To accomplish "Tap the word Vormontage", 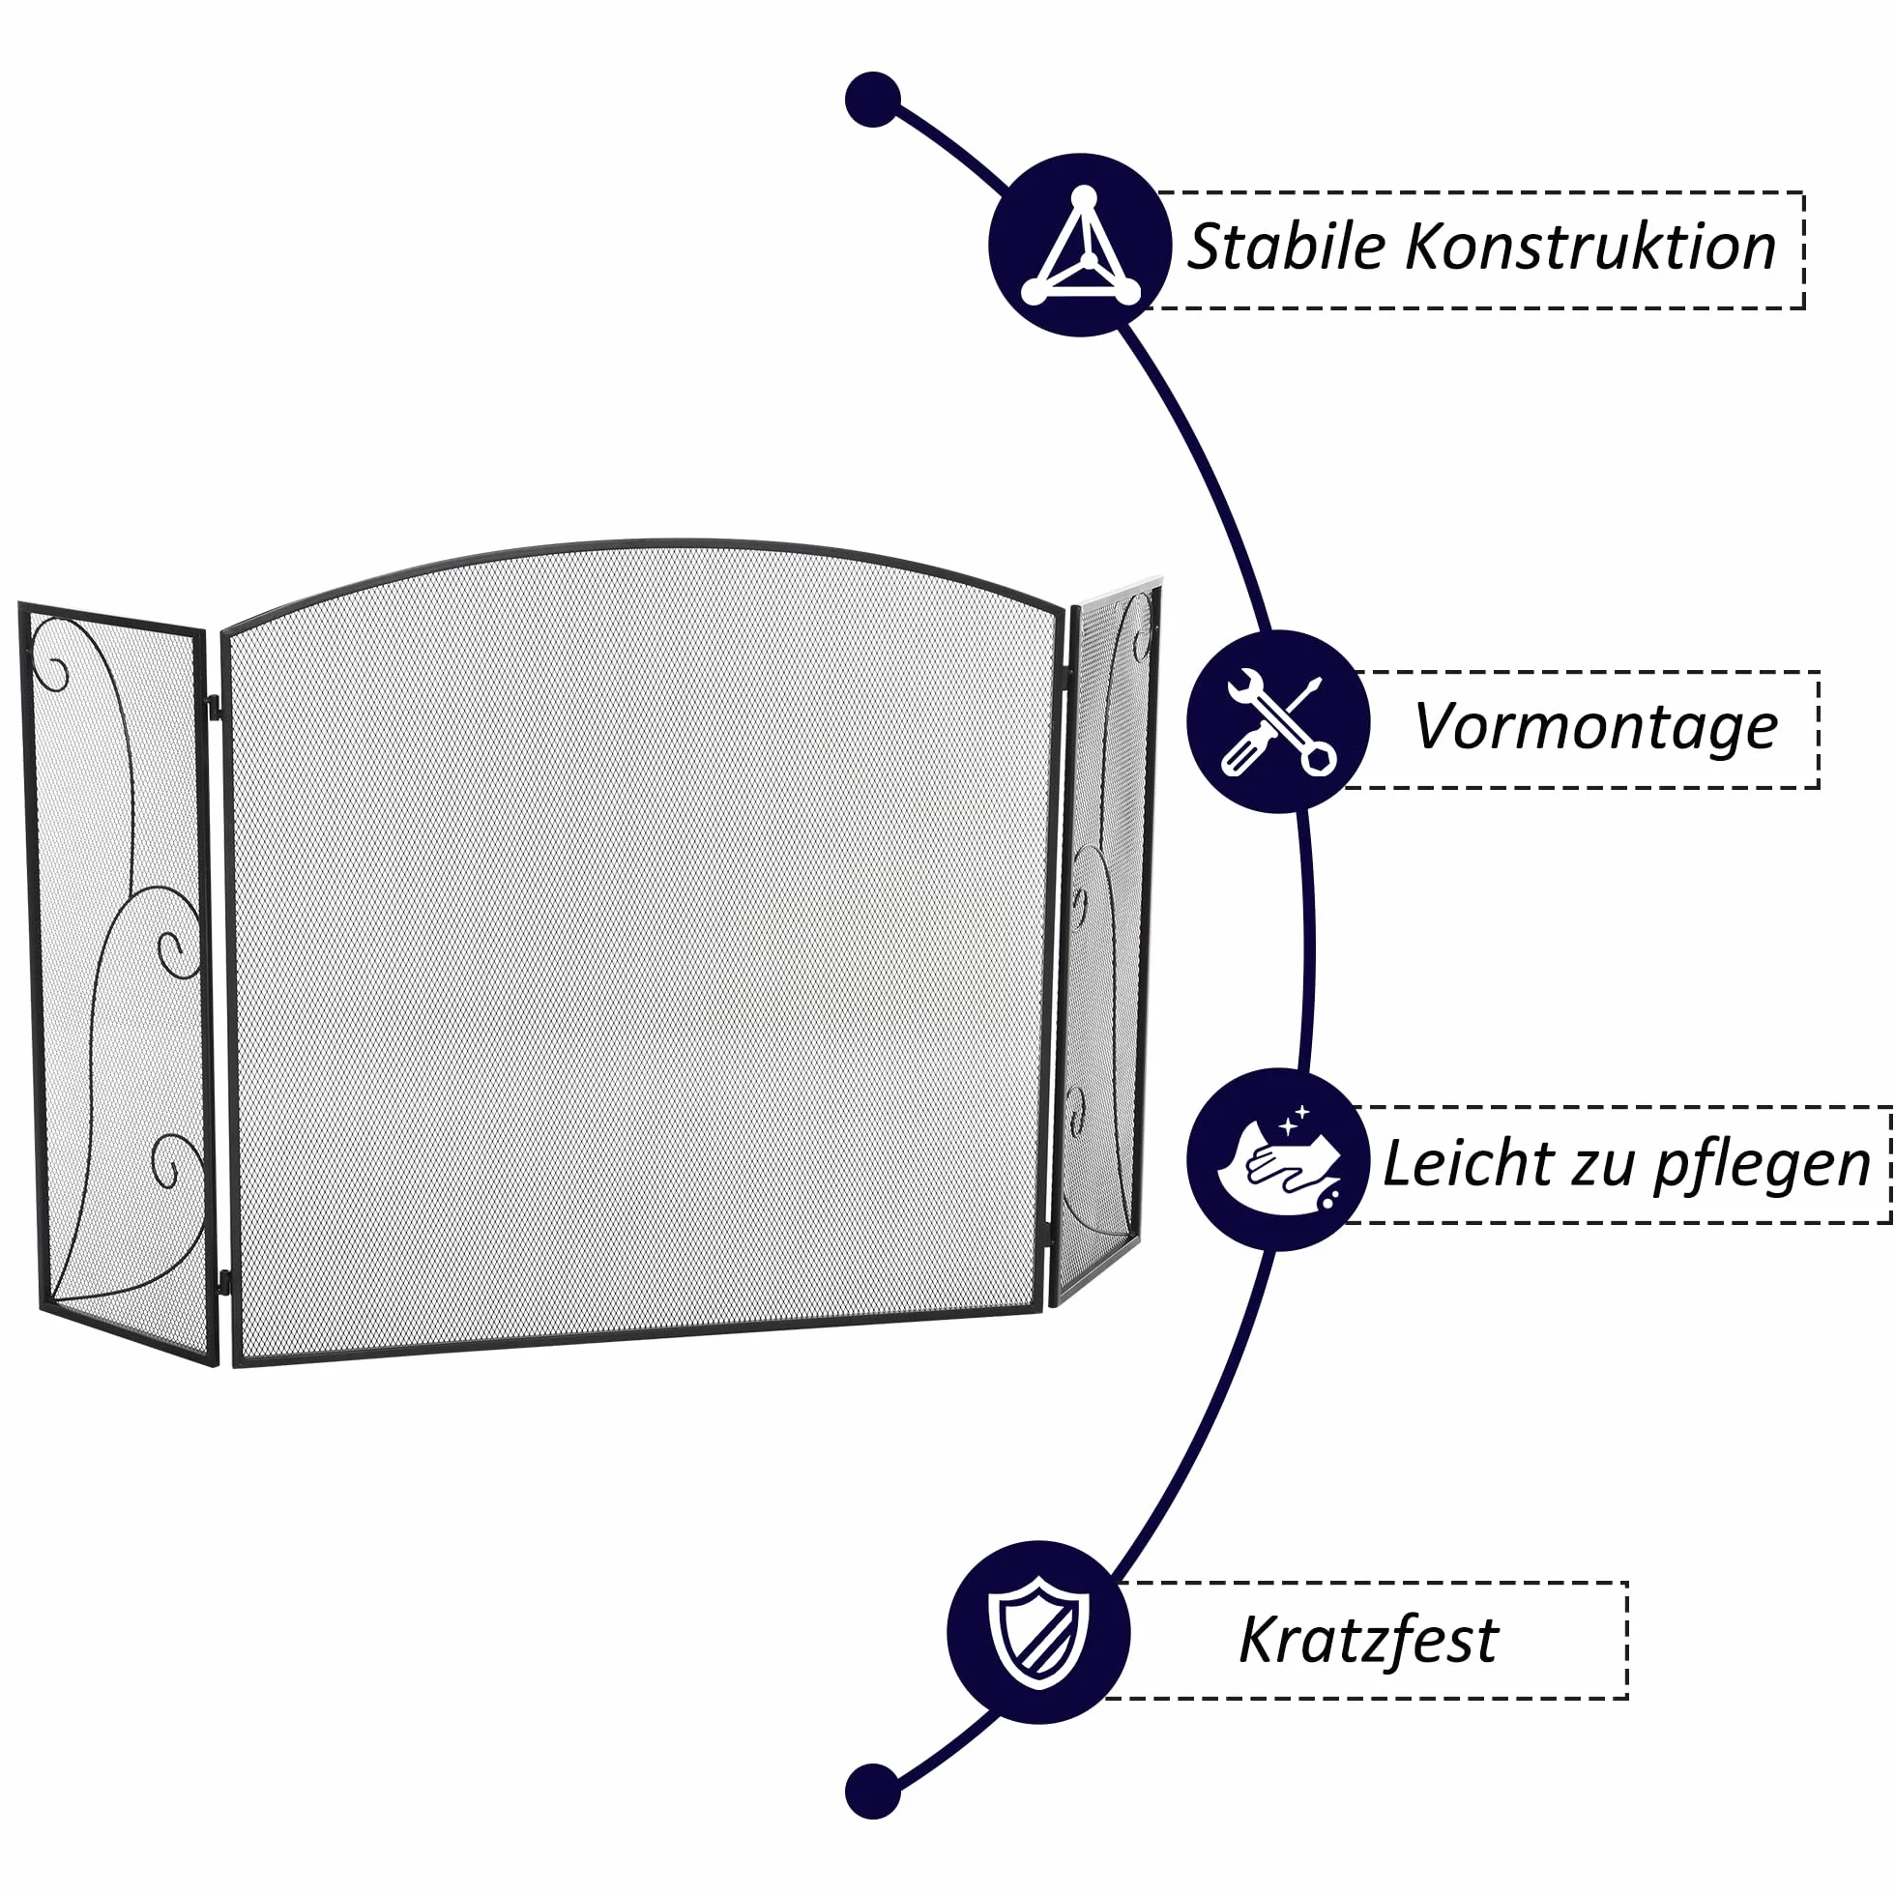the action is coord(1596,727).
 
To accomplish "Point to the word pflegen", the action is coord(1763,1168).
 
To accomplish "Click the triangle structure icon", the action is coord(1081,246).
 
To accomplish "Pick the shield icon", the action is coord(1038,1632).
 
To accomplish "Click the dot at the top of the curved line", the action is coord(872,99).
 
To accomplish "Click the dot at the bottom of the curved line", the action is coord(872,1791).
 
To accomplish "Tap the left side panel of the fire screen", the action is coord(118,980).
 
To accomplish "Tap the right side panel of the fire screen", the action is coord(1106,942).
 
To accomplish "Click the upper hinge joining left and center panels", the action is coord(213,706).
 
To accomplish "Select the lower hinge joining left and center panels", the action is coord(223,1281).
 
